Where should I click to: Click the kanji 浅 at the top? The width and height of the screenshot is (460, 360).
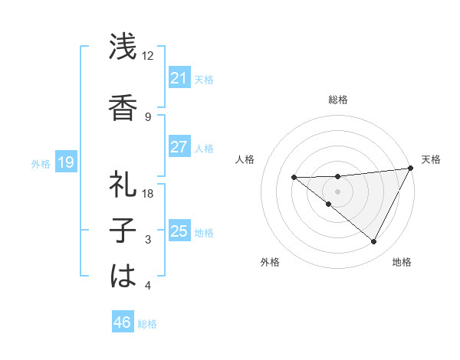click(x=123, y=47)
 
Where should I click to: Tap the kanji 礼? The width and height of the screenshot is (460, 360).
click(x=123, y=184)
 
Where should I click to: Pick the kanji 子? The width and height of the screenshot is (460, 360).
click(x=123, y=231)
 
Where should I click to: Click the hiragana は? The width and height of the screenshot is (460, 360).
click(x=123, y=277)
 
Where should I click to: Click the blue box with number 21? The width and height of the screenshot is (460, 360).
click(x=179, y=78)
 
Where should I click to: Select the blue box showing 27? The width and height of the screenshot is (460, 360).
click(x=179, y=147)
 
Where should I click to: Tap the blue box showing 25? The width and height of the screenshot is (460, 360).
click(x=179, y=231)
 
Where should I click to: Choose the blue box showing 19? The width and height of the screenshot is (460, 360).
click(x=65, y=162)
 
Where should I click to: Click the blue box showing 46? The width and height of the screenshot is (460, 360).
click(x=122, y=322)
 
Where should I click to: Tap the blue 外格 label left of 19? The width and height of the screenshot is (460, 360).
click(x=41, y=163)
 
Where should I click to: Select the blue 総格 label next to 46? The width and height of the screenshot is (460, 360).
click(x=147, y=323)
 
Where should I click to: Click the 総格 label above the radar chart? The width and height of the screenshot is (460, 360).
click(x=337, y=100)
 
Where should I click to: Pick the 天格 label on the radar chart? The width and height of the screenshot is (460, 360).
click(x=431, y=159)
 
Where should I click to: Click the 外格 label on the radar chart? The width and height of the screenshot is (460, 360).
click(x=270, y=263)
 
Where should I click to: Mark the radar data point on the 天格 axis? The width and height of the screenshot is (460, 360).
click(x=412, y=168)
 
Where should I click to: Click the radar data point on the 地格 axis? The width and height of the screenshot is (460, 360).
click(x=374, y=242)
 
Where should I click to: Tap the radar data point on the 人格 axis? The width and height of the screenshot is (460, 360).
click(x=294, y=178)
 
